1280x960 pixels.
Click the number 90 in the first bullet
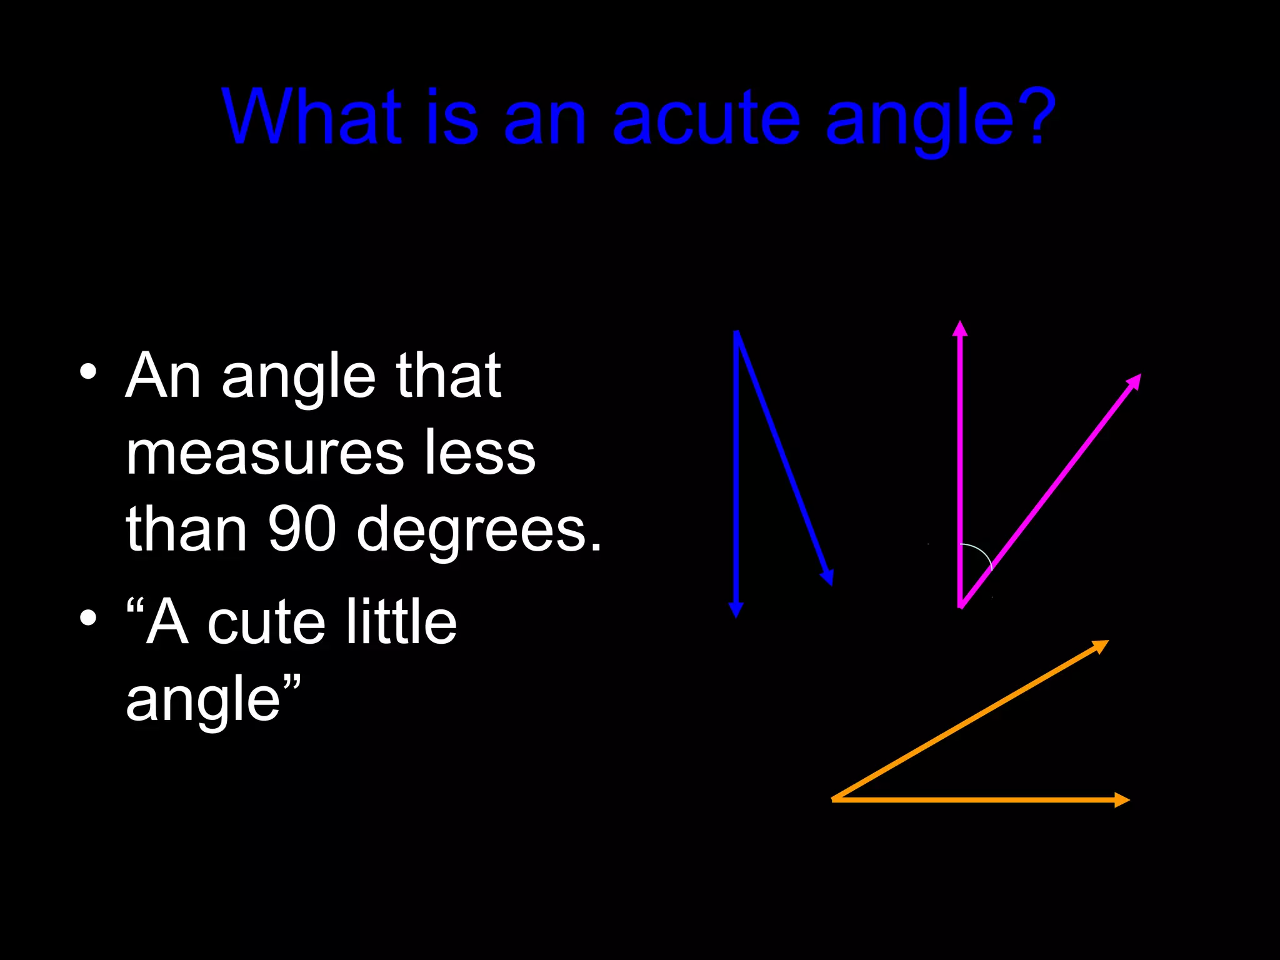tap(302, 529)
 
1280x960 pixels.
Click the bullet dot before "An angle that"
tap(88, 372)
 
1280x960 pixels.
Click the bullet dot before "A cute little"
tap(88, 618)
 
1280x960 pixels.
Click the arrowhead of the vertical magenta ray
tap(960, 329)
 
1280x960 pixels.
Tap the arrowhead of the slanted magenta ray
tap(1134, 381)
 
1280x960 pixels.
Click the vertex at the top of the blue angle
tap(737, 333)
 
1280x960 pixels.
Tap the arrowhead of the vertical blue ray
tap(736, 609)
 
